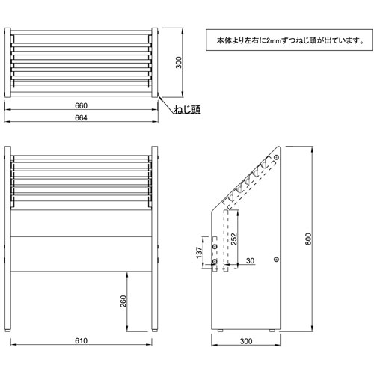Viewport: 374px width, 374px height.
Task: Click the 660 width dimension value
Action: pyautogui.click(x=82, y=106)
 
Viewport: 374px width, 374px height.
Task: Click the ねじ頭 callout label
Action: pyautogui.click(x=186, y=111)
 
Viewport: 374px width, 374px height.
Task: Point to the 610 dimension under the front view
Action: pyautogui.click(x=82, y=341)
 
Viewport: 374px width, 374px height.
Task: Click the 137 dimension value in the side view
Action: pyautogui.click(x=197, y=253)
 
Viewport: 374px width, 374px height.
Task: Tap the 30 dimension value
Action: pyautogui.click(x=250, y=260)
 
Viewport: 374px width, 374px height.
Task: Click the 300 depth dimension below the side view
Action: pyautogui.click(x=246, y=341)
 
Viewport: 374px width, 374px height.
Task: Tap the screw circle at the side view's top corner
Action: pyautogui.click(x=274, y=159)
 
